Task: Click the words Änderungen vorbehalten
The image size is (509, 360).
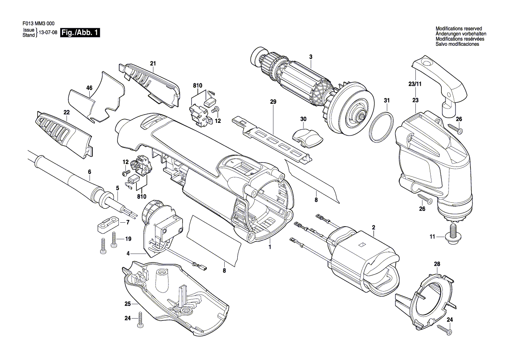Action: [461, 34]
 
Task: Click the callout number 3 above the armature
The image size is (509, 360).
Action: [310, 57]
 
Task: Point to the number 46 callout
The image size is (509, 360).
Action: [89, 88]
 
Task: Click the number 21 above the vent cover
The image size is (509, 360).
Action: [153, 64]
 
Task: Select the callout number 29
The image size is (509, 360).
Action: [273, 102]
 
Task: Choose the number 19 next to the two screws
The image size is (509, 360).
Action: [128, 238]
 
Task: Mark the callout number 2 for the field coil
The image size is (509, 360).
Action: [373, 227]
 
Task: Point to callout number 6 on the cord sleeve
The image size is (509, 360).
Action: [90, 172]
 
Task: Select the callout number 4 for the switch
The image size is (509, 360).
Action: [128, 253]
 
